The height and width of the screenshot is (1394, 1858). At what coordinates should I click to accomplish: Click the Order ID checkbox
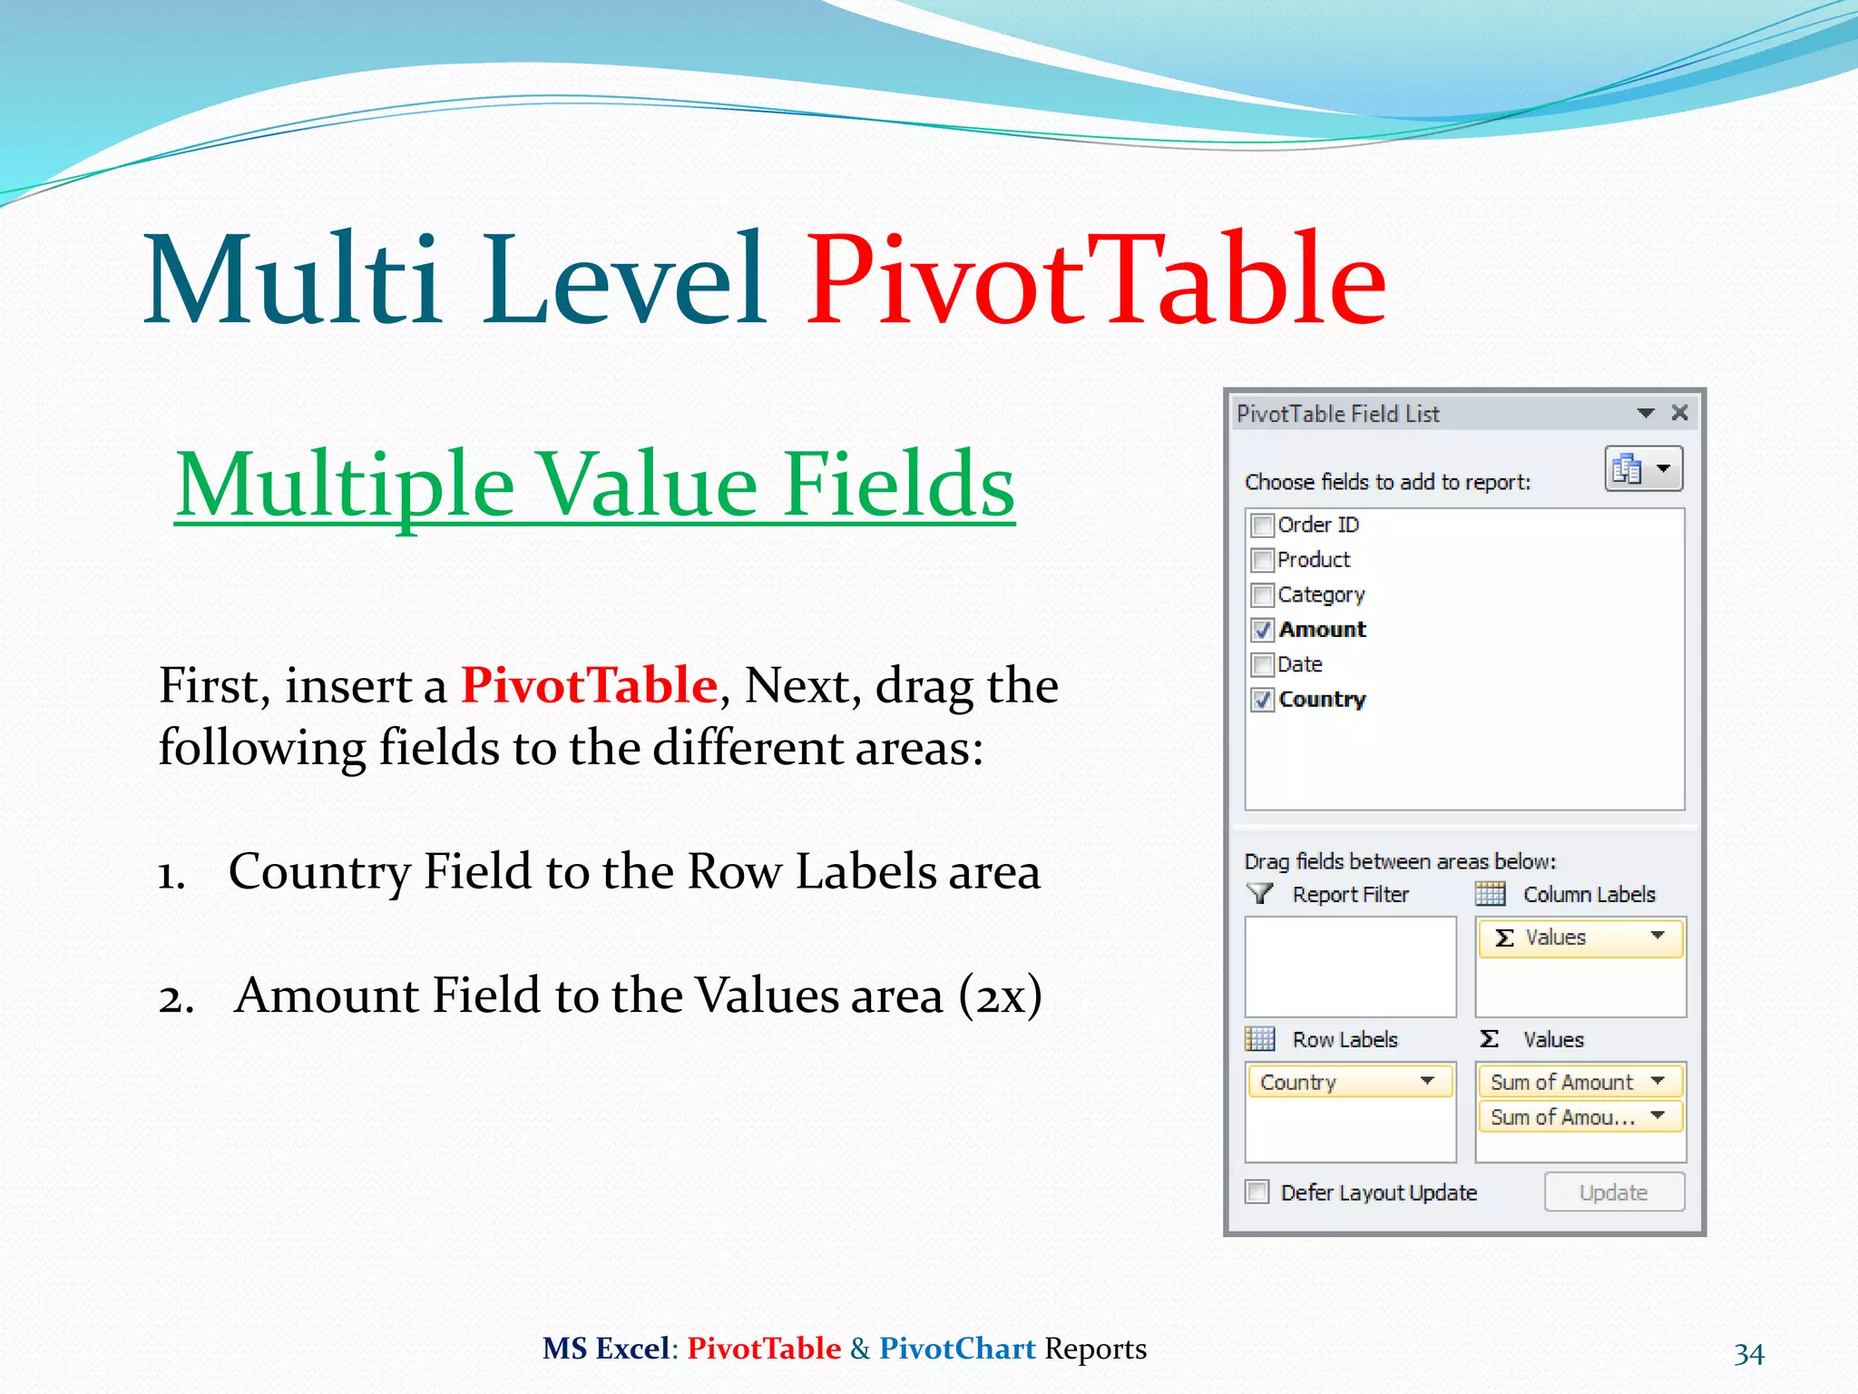(x=1262, y=525)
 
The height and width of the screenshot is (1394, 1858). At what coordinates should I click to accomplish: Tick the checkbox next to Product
(x=1262, y=560)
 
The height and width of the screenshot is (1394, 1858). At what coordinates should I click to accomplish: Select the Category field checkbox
(x=1262, y=595)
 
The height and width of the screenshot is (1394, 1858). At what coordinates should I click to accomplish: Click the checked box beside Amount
(x=1262, y=630)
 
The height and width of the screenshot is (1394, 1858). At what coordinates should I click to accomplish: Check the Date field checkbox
(x=1262, y=665)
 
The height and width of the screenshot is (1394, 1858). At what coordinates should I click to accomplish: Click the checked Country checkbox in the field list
(x=1262, y=700)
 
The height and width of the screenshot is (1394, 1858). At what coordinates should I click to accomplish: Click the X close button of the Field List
(x=1679, y=413)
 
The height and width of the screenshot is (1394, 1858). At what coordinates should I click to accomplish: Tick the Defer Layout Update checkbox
(x=1257, y=1192)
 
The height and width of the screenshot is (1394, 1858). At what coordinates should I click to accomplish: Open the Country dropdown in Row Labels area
(x=1427, y=1081)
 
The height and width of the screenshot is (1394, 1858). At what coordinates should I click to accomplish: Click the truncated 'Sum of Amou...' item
(x=1562, y=1117)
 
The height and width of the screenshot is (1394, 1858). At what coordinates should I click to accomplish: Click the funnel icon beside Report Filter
(x=1260, y=894)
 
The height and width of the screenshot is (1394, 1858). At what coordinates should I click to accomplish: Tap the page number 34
(x=1748, y=1354)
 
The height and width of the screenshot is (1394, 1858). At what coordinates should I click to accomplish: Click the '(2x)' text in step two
(x=1000, y=996)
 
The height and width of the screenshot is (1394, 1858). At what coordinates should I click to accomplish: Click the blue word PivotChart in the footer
(x=957, y=1349)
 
